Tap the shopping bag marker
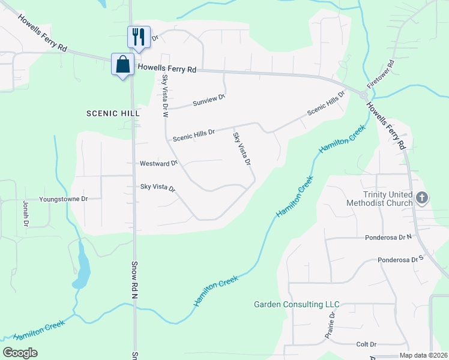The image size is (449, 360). tap(122, 64)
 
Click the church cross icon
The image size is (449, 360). tap(422, 197)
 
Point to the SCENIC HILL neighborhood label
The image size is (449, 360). tap(113, 113)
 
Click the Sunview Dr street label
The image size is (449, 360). tap(209, 100)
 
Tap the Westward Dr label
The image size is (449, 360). tap(158, 163)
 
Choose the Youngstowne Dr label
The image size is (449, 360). tap(64, 199)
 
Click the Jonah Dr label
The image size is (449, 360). tap(26, 214)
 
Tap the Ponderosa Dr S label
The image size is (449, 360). tap(401, 260)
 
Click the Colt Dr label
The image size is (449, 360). tap(366, 344)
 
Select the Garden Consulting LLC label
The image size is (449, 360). tap(297, 305)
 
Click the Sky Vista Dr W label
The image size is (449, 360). tap(166, 96)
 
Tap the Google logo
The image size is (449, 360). tap(20, 353)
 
